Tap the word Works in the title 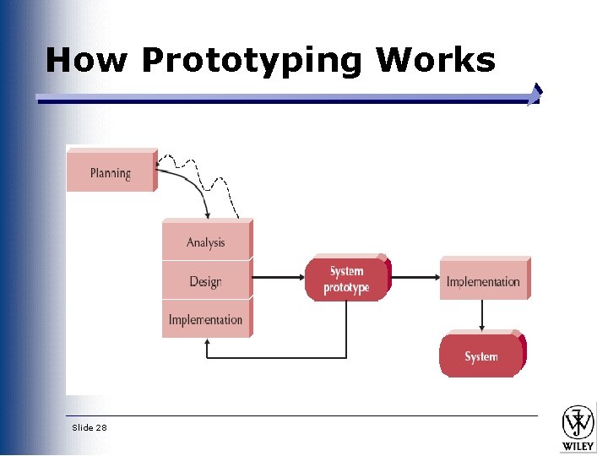[435, 61]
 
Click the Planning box [111, 173]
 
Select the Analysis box [206, 242]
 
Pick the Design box [205, 281]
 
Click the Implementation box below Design [205, 320]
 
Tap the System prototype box [346, 280]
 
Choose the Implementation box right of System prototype [483, 281]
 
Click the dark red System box [480, 356]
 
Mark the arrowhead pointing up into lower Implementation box [208, 344]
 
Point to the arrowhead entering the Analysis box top [208, 216]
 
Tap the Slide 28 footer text [90, 428]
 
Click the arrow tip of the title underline [535, 94]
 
